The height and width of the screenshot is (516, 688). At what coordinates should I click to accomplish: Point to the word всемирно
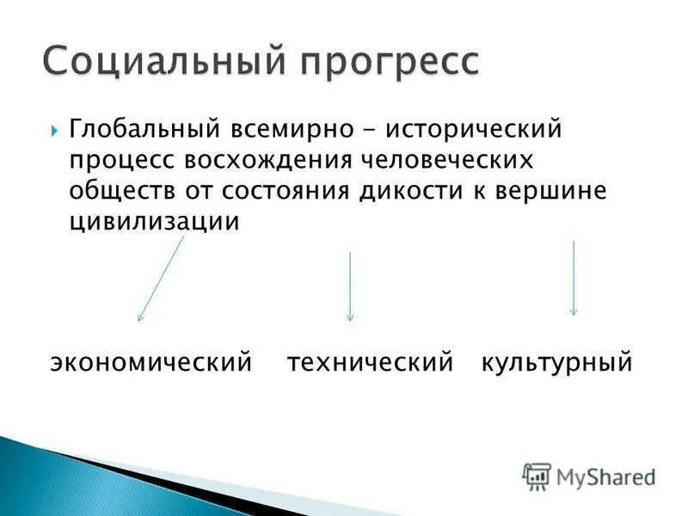pos(292,130)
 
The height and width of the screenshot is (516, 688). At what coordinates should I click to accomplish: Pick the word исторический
pos(473,130)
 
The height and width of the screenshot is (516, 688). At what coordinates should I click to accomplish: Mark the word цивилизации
pos(153,221)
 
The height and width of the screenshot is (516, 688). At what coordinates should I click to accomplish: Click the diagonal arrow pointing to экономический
pos(161,279)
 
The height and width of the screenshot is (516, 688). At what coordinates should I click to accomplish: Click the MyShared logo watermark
pos(589,476)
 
